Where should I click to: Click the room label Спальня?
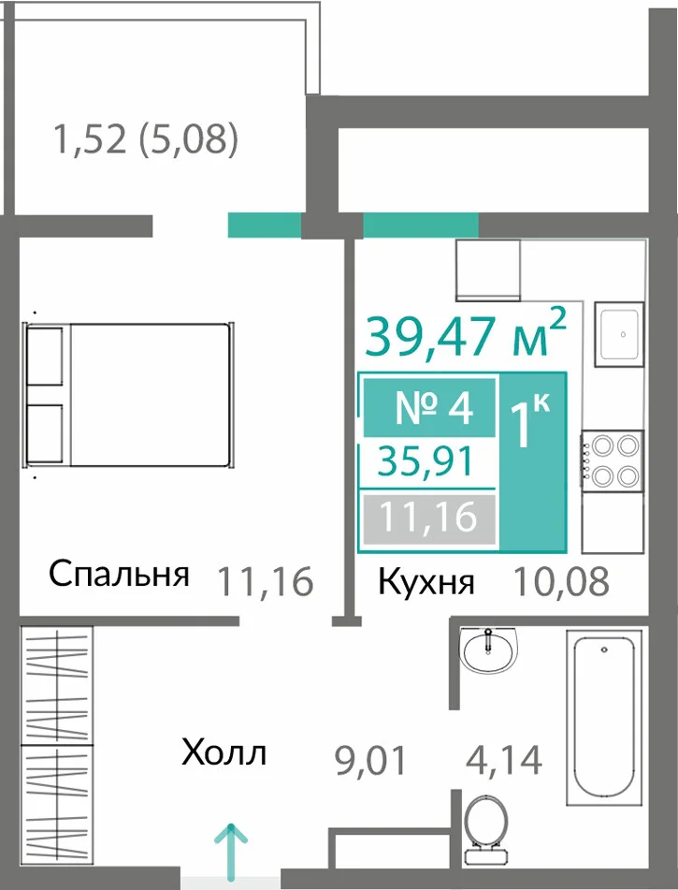pyautogui.click(x=119, y=574)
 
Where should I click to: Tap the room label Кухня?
pyautogui.click(x=426, y=582)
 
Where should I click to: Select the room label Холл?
pyautogui.click(x=224, y=753)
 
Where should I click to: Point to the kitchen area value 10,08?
pyautogui.click(x=560, y=581)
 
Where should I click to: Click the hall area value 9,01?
pyautogui.click(x=371, y=761)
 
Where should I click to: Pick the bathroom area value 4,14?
pyautogui.click(x=504, y=760)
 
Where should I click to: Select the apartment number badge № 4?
pyautogui.click(x=429, y=407)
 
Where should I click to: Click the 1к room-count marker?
pyautogui.click(x=530, y=419)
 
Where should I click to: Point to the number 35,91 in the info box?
pyautogui.click(x=426, y=460)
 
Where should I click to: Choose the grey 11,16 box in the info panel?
pyautogui.click(x=429, y=518)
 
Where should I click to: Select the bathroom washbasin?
pyautogui.click(x=488, y=650)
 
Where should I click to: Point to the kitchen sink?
pyautogui.click(x=619, y=335)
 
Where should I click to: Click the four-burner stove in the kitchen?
pyautogui.click(x=612, y=460)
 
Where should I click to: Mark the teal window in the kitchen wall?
pyautogui.click(x=421, y=225)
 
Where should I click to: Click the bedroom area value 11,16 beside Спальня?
pyautogui.click(x=266, y=580)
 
